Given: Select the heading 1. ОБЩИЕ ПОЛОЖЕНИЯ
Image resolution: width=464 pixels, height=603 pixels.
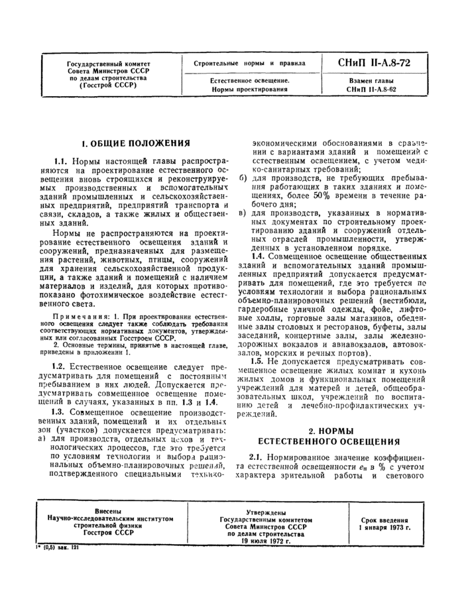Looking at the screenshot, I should [135, 142].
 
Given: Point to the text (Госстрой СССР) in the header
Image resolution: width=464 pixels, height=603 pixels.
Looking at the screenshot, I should [108, 85].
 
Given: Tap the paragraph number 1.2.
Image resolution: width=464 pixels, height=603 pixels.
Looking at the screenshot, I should [61, 366].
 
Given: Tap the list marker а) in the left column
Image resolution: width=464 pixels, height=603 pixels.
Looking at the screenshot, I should [41, 439].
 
